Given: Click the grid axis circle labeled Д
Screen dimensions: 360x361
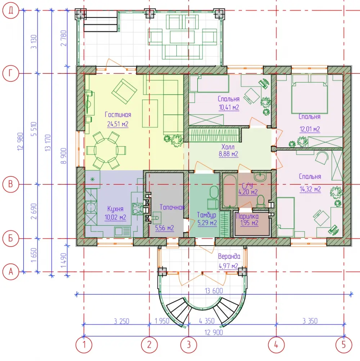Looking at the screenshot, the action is click(10, 10).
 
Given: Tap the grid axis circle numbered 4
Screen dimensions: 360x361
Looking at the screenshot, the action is click(276, 345).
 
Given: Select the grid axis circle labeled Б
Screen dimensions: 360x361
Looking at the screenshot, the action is click(10, 238).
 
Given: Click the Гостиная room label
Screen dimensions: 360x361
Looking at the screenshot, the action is click(118, 114).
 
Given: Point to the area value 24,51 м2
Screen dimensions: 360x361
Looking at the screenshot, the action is click(118, 124).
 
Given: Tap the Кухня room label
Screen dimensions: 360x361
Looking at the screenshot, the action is click(115, 209).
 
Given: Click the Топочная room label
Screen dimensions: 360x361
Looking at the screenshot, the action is click(172, 207).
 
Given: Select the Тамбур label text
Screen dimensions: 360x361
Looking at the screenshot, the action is click(206, 215).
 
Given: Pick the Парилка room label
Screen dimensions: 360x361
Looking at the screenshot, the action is click(247, 216).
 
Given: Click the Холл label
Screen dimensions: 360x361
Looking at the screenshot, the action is click(228, 147).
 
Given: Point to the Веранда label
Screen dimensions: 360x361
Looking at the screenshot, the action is click(229, 256).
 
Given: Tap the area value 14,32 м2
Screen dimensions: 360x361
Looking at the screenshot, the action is click(310, 189).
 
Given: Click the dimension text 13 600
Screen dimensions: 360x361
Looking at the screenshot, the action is click(214, 291).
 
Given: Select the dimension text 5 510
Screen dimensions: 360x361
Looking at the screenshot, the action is click(34, 129).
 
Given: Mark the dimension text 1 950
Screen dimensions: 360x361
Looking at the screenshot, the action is click(162, 321).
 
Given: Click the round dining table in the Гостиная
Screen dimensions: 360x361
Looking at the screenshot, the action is click(106, 150).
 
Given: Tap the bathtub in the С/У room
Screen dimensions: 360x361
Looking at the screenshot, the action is click(229, 191).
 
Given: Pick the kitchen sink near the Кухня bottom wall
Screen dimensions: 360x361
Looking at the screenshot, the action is click(122, 232).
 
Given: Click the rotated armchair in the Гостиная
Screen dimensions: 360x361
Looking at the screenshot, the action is click(124, 91).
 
